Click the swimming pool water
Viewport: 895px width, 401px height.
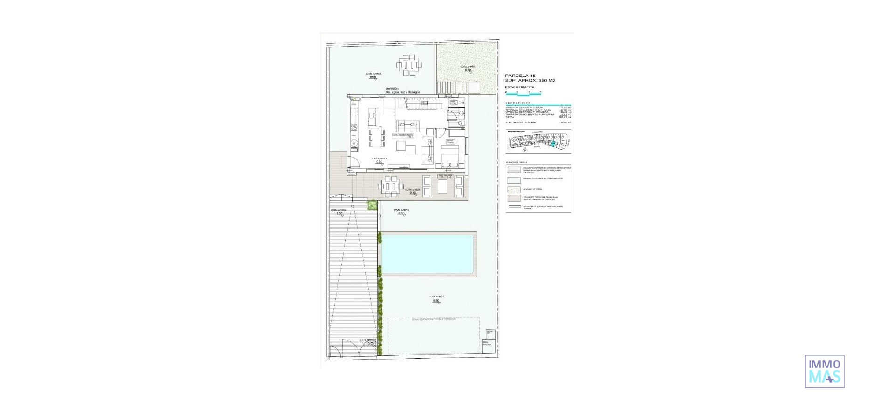tap(427, 254)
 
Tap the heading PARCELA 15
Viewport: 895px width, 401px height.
tap(520, 76)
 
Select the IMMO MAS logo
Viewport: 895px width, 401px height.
tap(824, 371)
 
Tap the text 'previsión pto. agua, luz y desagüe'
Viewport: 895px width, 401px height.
tap(403, 90)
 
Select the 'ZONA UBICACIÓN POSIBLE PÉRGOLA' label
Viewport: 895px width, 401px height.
tap(433, 319)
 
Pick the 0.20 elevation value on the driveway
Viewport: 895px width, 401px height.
tap(339, 214)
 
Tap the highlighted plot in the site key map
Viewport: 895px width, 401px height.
tap(553, 145)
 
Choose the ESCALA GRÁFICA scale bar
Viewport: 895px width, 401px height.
tap(523, 93)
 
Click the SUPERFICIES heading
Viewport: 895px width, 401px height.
tap(517, 103)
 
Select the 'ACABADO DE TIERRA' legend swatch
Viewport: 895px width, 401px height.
tap(514, 189)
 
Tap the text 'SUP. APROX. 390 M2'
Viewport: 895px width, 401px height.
tap(530, 81)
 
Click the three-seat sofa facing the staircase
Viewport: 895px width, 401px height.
tap(407, 126)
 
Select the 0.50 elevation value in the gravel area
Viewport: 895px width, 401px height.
tap(468, 70)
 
